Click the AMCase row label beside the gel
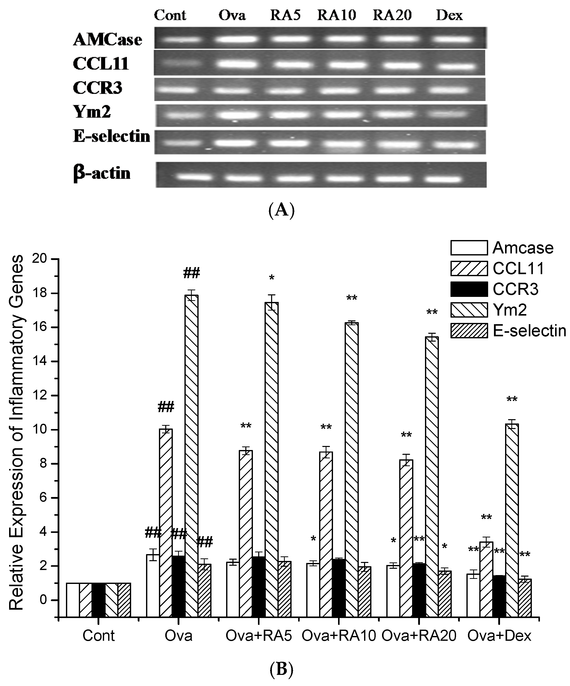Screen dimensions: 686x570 coord(107,40)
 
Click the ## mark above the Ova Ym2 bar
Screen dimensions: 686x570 coord(192,273)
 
